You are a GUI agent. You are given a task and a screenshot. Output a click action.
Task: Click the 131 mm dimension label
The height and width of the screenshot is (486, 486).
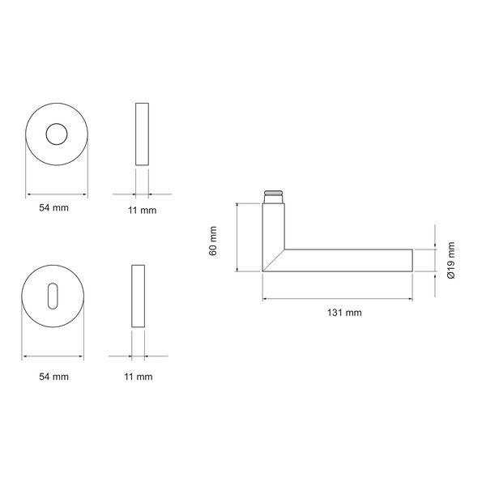pos(344,313)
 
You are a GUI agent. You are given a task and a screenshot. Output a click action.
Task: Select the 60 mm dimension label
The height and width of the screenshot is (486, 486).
pos(213,241)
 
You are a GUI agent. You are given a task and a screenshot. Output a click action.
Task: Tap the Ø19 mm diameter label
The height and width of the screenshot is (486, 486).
pos(451,260)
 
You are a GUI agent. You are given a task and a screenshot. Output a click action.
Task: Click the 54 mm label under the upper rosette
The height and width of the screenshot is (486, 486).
pos(53,207)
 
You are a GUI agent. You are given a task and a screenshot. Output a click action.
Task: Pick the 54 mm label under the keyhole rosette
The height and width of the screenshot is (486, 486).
pos(53,377)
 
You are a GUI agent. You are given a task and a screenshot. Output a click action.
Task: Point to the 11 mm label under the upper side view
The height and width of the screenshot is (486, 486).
pos(143,210)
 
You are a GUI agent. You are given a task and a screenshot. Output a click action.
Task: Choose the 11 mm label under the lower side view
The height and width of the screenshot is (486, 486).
pos(139,377)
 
